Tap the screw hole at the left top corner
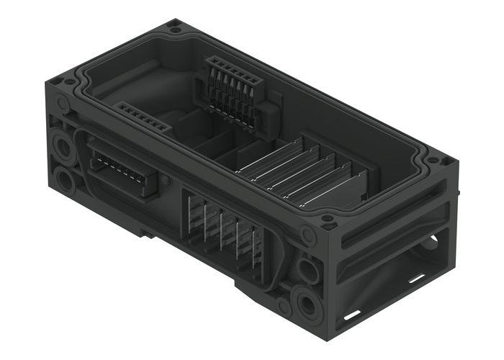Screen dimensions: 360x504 [70, 81]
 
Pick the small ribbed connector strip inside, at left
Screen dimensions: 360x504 [143, 117]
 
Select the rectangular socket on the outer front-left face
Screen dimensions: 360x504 [123, 170]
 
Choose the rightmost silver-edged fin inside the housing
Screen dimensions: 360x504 [334, 190]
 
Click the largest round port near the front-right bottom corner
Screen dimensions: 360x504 [306, 302]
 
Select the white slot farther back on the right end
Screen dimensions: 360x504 [415, 276]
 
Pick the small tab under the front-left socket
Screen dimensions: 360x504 [147, 233]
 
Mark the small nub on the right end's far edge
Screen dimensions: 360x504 [456, 193]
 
